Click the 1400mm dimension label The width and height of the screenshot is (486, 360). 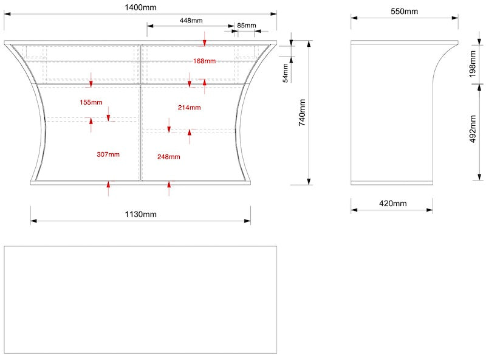140,7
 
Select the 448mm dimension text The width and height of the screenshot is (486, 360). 191,20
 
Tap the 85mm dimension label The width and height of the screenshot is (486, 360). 246,26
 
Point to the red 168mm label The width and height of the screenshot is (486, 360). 204,61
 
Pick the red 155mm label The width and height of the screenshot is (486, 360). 91,102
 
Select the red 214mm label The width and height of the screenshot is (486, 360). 190,108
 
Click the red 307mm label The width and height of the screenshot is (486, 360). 108,154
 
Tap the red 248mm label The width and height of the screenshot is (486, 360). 168,157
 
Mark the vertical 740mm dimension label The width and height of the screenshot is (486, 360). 302,112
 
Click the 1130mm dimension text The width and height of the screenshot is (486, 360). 140,214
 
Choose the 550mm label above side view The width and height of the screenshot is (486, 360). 403,12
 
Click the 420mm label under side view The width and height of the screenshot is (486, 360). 392,203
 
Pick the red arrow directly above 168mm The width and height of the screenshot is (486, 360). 205,41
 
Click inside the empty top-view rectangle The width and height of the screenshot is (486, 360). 140,300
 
